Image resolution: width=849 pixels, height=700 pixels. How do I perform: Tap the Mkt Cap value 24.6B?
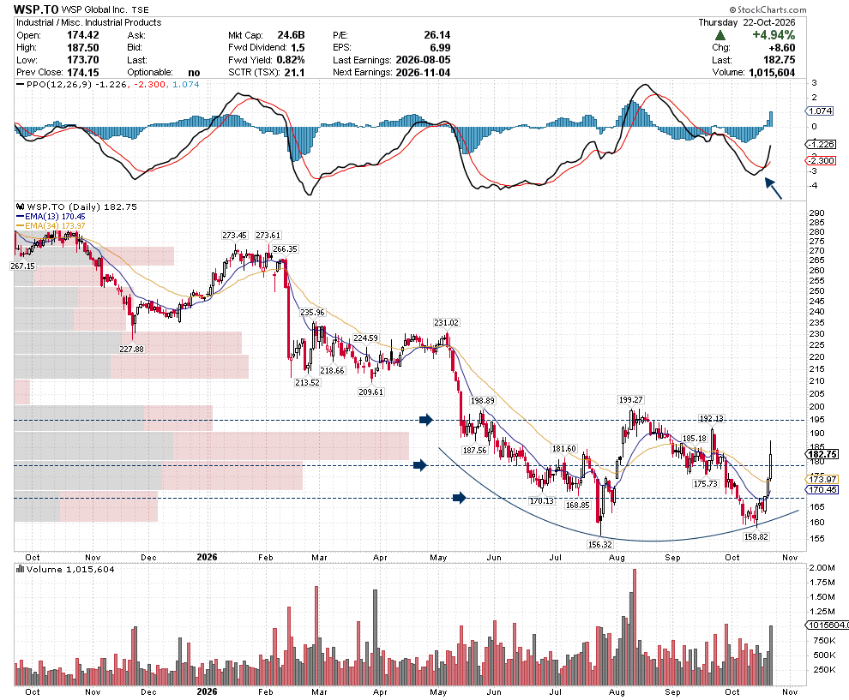coord(292,35)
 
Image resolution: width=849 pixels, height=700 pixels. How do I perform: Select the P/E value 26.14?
coord(437,35)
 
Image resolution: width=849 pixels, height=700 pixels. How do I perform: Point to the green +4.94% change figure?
coord(774,35)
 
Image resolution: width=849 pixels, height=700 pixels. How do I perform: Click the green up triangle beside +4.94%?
coord(720,35)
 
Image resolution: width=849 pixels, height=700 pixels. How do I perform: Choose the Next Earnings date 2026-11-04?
coord(423,73)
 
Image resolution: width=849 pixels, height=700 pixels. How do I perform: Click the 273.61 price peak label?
coord(268,236)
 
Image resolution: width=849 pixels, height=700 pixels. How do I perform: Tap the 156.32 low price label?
coord(600,544)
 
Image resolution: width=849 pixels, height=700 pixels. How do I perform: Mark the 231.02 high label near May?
coord(446,322)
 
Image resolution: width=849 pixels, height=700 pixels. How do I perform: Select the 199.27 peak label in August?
coord(631,400)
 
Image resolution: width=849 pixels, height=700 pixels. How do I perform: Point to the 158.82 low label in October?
coord(756,536)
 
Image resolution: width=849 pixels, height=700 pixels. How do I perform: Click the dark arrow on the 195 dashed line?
coord(426,419)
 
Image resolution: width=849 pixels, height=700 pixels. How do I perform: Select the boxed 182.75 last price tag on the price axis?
coord(822,454)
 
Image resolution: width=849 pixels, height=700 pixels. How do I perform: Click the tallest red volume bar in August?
coord(634,627)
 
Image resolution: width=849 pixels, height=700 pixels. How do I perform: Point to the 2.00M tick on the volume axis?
coord(822,567)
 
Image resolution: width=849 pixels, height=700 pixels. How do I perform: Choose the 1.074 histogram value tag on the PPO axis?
coord(821,111)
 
